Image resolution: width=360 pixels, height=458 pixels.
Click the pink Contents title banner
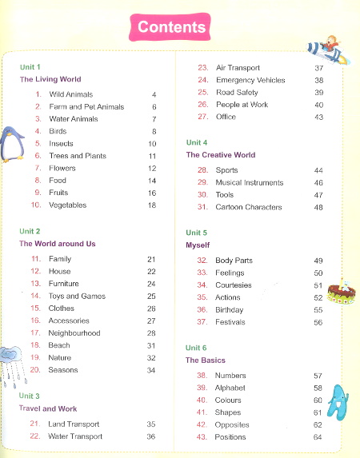click(172, 27)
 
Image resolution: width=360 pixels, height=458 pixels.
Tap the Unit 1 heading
click(30, 67)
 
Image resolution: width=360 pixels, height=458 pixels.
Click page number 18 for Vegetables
click(152, 205)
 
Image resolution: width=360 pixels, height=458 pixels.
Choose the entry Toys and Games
click(77, 296)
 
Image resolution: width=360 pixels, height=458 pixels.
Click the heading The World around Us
click(58, 244)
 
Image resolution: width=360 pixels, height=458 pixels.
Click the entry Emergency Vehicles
click(250, 80)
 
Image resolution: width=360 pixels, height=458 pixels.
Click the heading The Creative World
click(221, 155)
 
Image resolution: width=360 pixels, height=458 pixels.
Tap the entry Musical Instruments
click(250, 183)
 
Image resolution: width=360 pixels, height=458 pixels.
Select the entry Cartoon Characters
click(249, 207)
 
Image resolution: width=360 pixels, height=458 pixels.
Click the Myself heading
click(198, 245)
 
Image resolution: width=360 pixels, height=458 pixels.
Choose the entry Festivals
click(230, 322)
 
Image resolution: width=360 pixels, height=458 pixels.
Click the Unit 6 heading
click(196, 348)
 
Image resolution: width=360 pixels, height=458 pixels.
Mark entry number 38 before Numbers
click(202, 376)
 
